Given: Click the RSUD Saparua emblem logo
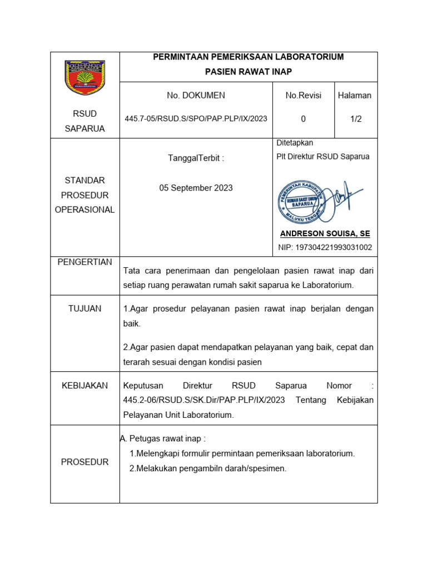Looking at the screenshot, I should (x=85, y=78).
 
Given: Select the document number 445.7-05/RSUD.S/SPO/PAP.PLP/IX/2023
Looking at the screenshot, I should (x=196, y=119).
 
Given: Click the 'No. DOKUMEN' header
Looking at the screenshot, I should (x=196, y=96).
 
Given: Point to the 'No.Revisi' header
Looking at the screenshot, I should (x=303, y=96).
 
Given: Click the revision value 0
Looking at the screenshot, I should (x=303, y=119).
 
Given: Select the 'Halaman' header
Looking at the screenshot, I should (x=355, y=96).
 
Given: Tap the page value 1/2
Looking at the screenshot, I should (x=356, y=119).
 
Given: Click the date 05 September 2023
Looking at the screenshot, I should (x=196, y=188).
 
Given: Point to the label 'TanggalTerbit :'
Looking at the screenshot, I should (x=196, y=158).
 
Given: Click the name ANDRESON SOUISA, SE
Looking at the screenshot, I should (x=325, y=234).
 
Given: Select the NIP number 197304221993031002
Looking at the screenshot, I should (x=325, y=248).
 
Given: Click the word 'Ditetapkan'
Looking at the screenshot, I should (x=295, y=143).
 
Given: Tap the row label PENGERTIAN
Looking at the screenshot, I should (x=85, y=262).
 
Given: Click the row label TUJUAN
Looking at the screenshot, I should (x=85, y=308).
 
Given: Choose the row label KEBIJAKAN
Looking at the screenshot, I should (x=85, y=386).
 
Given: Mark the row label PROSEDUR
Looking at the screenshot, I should (x=85, y=462).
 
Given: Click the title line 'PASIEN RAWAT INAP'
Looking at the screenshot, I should (x=248, y=72).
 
